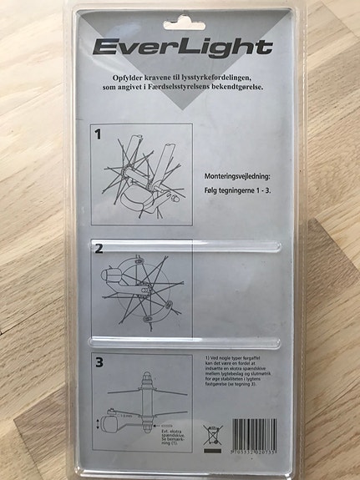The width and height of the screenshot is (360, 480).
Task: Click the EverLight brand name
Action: coord(182,47)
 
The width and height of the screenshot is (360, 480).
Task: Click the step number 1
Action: coord(99,133)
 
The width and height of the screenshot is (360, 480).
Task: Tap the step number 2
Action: coord(99,249)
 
